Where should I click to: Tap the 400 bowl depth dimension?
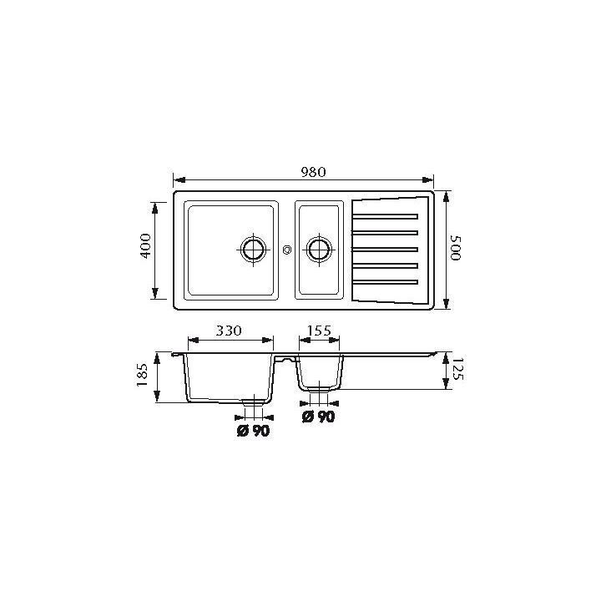point(144,250)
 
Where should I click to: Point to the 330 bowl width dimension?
point(229,331)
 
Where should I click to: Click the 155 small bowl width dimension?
point(319,331)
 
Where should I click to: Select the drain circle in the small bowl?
point(318,249)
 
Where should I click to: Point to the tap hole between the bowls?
point(286,249)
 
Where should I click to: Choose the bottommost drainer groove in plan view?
point(385,282)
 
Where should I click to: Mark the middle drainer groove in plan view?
point(385,249)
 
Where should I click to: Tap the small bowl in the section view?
point(319,371)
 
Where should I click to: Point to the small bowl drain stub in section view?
point(318,391)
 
